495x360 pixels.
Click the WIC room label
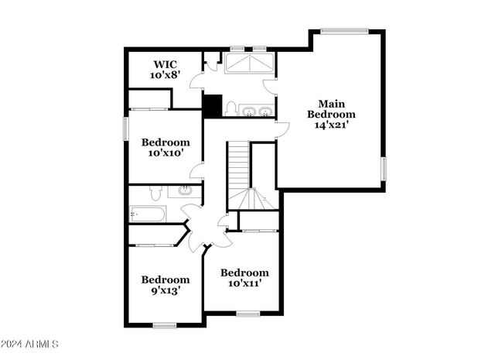point(165,63)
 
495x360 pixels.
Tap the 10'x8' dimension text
point(165,76)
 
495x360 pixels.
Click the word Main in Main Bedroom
point(330,103)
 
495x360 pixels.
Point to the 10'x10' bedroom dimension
point(165,154)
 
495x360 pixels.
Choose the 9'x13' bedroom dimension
point(165,291)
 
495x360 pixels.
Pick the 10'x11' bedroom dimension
point(244,284)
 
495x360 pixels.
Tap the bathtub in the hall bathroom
point(146,214)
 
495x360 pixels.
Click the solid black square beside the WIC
point(212,106)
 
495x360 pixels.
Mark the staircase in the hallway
point(238,174)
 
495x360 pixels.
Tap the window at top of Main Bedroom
point(344,31)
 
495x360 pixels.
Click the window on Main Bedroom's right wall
point(383,168)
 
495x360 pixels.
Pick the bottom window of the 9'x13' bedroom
point(164,323)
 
